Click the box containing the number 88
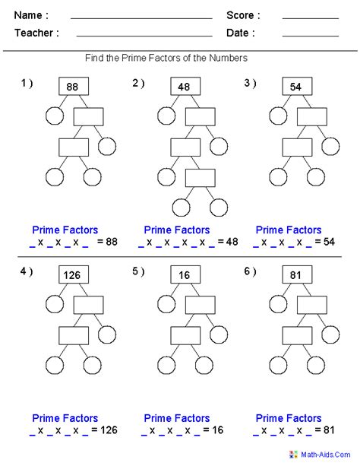[73, 87]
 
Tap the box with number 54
[296, 87]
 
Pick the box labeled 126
[73, 274]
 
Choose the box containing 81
[296, 274]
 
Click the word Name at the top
[31, 15]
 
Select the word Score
[243, 15]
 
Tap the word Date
[240, 33]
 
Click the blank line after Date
[310, 35]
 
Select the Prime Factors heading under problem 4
[65, 418]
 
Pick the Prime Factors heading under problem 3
[289, 230]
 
